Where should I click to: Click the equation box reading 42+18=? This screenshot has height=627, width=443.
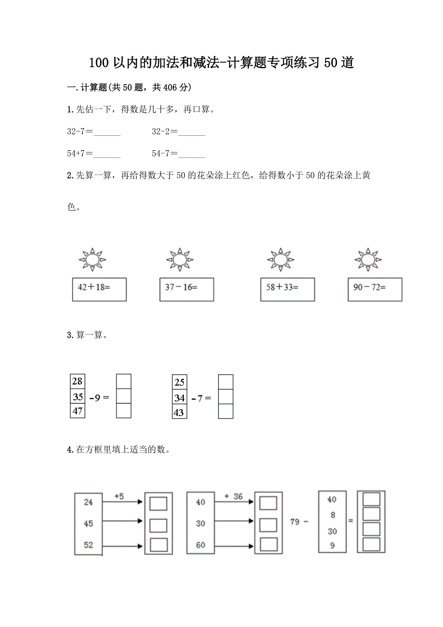[x=99, y=289]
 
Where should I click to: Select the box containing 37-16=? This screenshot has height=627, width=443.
[x=186, y=289]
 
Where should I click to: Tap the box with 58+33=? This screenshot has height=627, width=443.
[x=287, y=289]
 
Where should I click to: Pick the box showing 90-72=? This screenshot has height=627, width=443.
[x=375, y=289]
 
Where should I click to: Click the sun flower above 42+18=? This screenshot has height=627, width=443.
[x=92, y=260]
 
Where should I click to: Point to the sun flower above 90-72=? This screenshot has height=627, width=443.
[x=368, y=260]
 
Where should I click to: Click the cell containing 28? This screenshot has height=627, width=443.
[x=77, y=382]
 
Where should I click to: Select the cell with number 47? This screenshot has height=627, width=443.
[x=77, y=411]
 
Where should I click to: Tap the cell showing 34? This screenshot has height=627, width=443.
[x=179, y=398]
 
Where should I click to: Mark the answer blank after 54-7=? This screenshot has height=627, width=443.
[x=192, y=155]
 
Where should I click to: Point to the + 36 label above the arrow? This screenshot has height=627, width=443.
[x=234, y=496]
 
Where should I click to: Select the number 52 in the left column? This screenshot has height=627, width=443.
[x=88, y=545]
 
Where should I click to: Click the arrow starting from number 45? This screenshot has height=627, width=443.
[x=123, y=521]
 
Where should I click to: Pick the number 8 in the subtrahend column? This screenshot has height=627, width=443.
[x=332, y=515]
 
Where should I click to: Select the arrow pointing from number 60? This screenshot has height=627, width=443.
[x=234, y=545]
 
